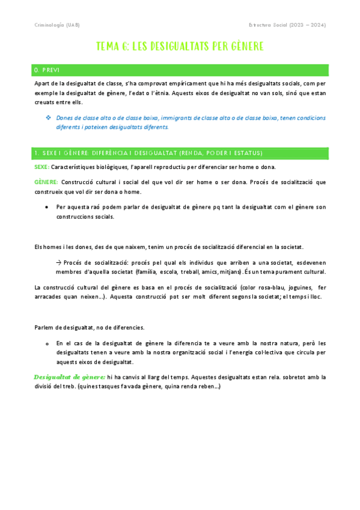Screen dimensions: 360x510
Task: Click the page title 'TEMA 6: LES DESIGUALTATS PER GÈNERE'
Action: click(x=180, y=46)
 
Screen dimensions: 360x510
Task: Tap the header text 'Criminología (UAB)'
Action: click(x=56, y=25)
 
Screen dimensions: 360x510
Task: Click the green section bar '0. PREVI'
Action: click(x=180, y=70)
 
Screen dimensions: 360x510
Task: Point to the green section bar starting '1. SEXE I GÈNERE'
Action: click(x=180, y=153)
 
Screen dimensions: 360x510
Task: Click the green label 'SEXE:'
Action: click(x=42, y=167)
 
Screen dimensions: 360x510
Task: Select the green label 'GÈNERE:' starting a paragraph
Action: click(x=46, y=182)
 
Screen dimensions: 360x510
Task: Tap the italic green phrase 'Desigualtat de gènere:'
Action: click(x=70, y=377)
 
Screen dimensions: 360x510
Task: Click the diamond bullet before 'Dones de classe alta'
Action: click(x=48, y=117)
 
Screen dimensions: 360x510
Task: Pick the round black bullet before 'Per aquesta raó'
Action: click(x=47, y=207)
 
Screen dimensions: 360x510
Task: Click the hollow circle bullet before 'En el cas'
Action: click(x=47, y=343)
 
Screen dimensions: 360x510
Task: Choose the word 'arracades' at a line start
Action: click(x=50, y=297)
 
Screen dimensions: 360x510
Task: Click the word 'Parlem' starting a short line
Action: click(x=44, y=328)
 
